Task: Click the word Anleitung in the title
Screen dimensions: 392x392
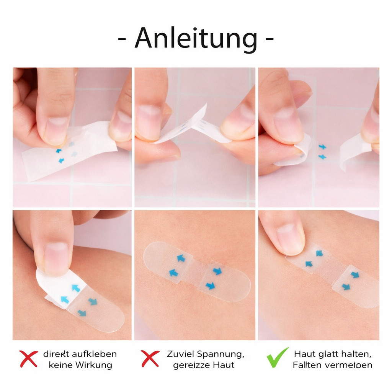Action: tap(196, 38)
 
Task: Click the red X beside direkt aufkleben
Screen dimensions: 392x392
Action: tap(29, 359)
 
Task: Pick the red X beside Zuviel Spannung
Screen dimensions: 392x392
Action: tap(150, 359)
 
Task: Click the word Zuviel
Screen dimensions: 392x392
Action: tap(180, 354)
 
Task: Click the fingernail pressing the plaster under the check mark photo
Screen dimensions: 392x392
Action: tap(290, 238)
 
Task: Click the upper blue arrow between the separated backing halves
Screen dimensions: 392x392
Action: tap(322, 147)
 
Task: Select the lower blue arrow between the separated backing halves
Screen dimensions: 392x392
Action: tap(322, 157)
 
